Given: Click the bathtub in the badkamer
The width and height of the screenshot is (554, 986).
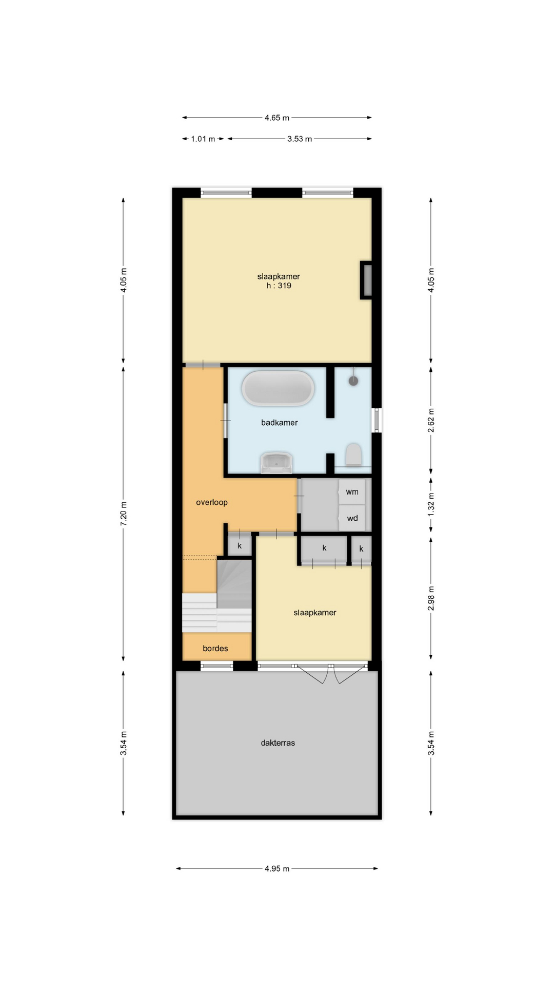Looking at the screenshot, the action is (x=278, y=388).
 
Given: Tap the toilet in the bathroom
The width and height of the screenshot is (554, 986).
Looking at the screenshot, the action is (x=353, y=454).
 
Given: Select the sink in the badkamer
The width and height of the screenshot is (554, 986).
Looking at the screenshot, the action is (x=276, y=463).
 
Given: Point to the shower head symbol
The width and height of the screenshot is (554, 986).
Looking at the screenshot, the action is (x=353, y=380).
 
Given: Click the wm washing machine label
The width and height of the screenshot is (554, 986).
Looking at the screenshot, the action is (x=352, y=492).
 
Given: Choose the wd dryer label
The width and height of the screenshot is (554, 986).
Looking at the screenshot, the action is (x=352, y=518).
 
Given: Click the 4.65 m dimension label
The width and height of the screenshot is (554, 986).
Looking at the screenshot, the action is (x=277, y=118).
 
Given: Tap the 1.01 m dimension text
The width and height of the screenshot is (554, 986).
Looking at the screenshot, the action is (x=203, y=139).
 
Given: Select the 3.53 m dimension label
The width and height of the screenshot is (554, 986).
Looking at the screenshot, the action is (x=300, y=139).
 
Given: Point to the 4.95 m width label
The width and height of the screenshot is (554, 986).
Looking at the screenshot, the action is (x=277, y=868).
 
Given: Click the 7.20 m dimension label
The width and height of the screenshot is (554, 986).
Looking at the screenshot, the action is (x=124, y=514).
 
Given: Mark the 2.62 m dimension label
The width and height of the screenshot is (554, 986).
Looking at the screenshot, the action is (x=431, y=420).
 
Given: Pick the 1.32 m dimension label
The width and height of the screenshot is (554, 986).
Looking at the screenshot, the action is (x=431, y=504).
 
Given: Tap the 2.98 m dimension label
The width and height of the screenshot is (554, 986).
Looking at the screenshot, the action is (x=431, y=598).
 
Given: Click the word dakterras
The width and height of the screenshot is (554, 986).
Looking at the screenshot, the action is (x=278, y=743).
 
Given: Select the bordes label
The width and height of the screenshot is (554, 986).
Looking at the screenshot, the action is (x=215, y=648).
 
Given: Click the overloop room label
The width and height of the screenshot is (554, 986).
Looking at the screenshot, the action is (x=212, y=502).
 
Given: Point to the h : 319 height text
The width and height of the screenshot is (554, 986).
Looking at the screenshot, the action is (x=279, y=286).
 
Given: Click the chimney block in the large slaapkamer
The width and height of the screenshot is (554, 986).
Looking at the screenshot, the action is (x=366, y=280).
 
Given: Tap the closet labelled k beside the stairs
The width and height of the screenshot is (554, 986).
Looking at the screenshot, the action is (x=240, y=545).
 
